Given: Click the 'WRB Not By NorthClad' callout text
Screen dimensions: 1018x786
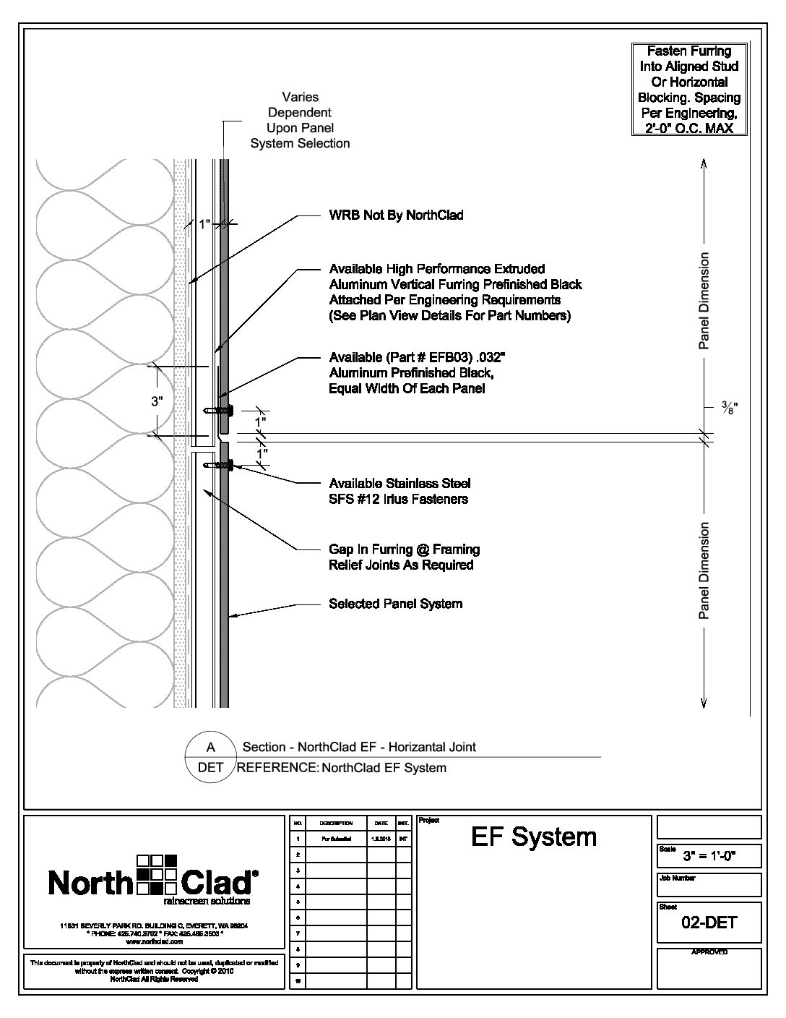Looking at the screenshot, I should (396, 215).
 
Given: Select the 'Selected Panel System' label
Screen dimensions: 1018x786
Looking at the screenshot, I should (395, 604).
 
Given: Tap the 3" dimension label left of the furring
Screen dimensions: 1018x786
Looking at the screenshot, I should (157, 402).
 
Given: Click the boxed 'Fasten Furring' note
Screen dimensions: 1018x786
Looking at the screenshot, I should (688, 90).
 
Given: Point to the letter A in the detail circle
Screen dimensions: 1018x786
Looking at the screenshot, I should (211, 748).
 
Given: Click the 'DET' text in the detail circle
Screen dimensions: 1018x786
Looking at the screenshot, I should (211, 768).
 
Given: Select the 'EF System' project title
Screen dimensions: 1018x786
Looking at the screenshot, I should (534, 837).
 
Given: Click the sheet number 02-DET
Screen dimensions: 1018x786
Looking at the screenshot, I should (709, 922).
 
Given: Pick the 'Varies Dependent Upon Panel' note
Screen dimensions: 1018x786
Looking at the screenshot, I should (300, 120).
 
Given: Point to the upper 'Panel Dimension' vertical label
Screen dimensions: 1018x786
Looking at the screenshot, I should (704, 301).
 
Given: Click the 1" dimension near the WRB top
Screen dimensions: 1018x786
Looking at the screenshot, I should (204, 225).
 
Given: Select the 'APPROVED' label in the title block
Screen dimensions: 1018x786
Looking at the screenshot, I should (709, 952).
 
